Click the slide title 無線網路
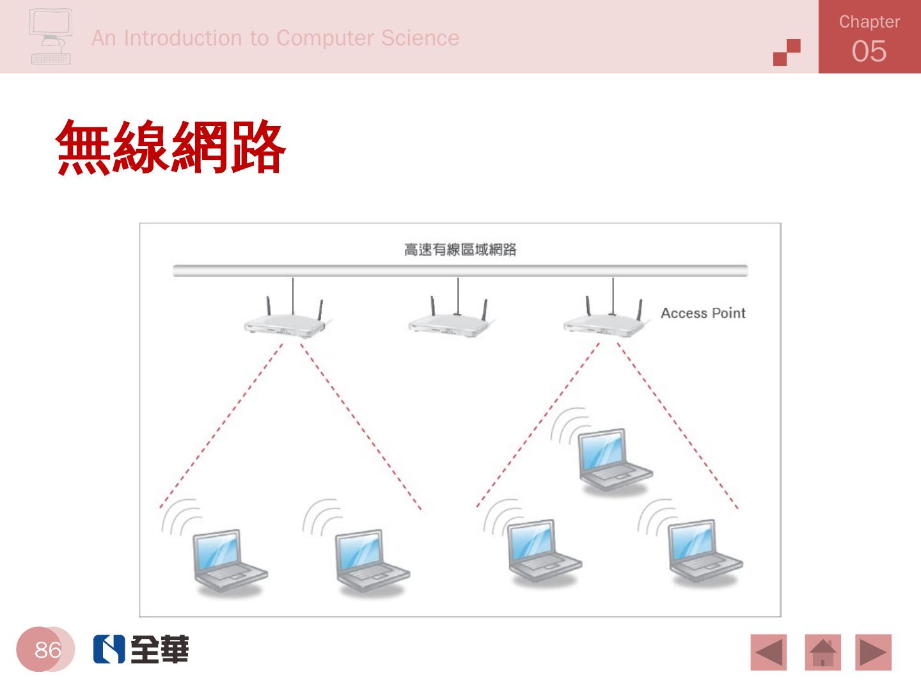pyautogui.click(x=170, y=148)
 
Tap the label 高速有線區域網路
pyautogui.click(x=460, y=250)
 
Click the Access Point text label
pyautogui.click(x=703, y=313)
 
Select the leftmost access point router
pyautogui.click(x=285, y=323)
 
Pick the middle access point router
pyautogui.click(x=450, y=323)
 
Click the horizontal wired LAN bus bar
pyautogui.click(x=460, y=271)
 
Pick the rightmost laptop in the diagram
pyautogui.click(x=702, y=552)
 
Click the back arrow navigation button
pyautogui.click(x=768, y=652)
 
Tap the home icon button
pyautogui.click(x=823, y=652)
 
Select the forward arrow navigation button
pyautogui.click(x=873, y=652)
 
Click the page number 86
pyautogui.click(x=47, y=649)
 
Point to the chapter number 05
pyautogui.click(x=869, y=51)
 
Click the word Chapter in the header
pyautogui.click(x=869, y=22)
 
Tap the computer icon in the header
pyautogui.click(x=50, y=36)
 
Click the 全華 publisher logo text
pyautogui.click(x=159, y=649)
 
